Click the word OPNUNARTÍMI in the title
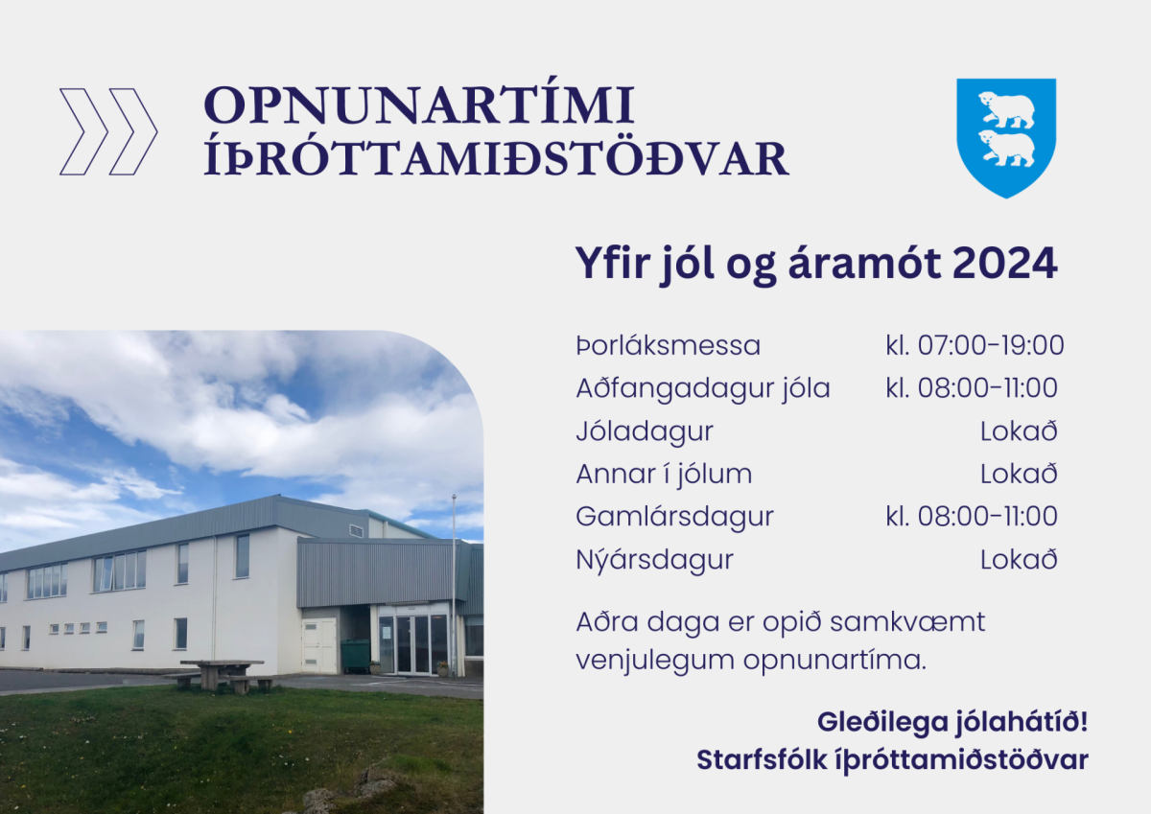(419, 105)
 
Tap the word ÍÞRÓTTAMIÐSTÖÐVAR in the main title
(496, 159)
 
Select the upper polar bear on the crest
(1006, 110)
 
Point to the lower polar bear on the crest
(1006, 149)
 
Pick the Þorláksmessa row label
(668, 345)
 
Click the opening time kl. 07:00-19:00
(975, 345)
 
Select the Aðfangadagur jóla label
(703, 388)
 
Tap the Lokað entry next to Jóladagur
(1019, 431)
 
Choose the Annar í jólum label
(664, 474)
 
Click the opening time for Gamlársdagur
(972, 516)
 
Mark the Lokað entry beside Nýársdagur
(1019, 559)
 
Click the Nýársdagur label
(654, 559)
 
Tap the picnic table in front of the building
(221, 672)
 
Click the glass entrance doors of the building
(413, 643)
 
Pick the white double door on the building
(318, 644)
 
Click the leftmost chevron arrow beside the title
(83, 131)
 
